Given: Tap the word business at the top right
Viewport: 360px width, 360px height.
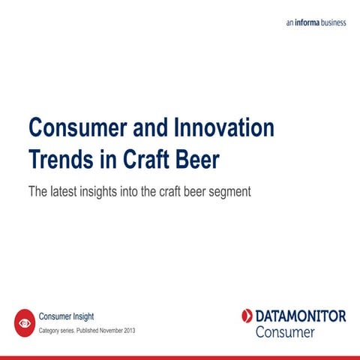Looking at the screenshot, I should coord(335,23).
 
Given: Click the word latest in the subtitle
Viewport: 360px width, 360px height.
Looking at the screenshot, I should coord(64,191).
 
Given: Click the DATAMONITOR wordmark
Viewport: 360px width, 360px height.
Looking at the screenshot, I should coord(300,316).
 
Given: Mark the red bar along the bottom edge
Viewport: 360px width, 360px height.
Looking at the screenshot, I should coord(180,357).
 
